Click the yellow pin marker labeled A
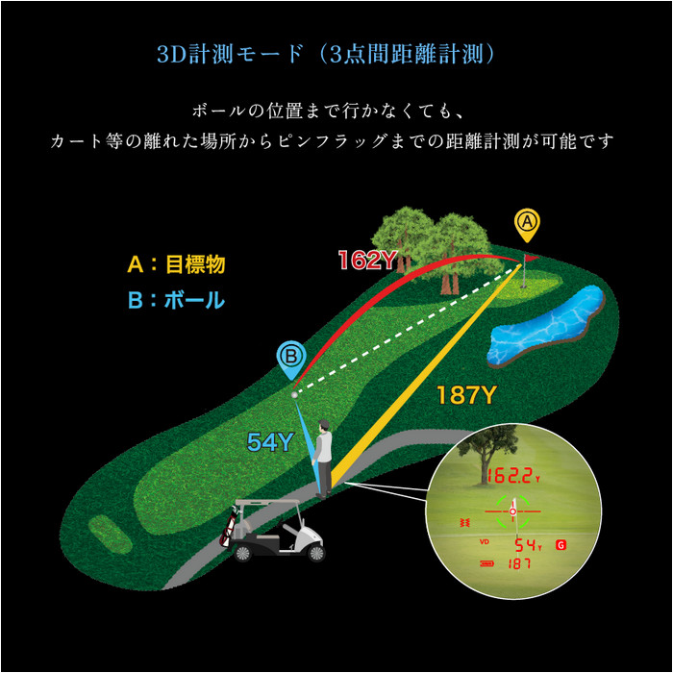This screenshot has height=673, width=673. [527, 225]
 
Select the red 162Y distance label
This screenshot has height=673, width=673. [367, 261]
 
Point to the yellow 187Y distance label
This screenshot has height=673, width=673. [466, 394]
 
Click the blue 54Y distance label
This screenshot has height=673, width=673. [270, 441]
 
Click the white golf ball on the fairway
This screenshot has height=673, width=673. [294, 395]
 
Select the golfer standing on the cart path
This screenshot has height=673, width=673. [323, 459]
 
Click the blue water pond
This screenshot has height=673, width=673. [546, 326]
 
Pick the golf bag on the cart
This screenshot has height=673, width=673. [229, 527]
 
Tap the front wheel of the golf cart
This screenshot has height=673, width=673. [316, 553]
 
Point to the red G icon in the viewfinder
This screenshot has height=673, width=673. [561, 545]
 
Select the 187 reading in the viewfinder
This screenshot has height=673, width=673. [519, 563]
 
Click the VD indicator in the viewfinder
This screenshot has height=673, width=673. [485, 541]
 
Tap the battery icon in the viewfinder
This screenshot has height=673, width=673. [486, 563]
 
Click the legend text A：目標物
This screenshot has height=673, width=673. [176, 264]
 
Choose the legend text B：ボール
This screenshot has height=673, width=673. [176, 300]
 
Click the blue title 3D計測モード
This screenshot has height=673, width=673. [231, 55]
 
